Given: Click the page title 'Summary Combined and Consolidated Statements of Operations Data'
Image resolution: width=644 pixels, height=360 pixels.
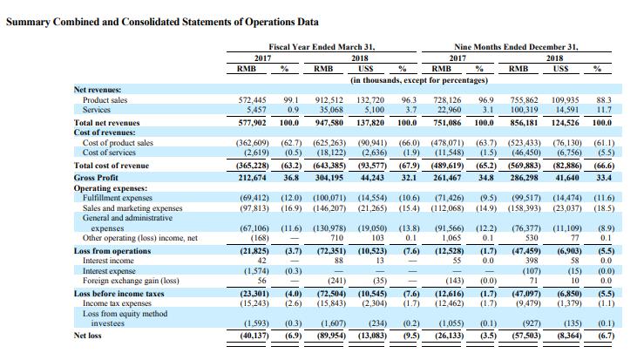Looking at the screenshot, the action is tap(162, 22).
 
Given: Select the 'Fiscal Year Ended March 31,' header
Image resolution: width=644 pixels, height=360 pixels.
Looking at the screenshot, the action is tap(322, 47).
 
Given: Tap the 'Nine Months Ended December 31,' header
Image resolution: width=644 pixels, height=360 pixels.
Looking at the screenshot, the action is tap(516, 47).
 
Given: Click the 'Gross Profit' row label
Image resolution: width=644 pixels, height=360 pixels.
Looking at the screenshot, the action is tap(96, 178).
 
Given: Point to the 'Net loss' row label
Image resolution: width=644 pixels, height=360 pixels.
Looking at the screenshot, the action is tap(87, 336).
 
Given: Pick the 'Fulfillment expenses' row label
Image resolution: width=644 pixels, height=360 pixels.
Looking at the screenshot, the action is tap(118, 198).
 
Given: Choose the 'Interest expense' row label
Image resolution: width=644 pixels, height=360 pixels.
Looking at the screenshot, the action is tap(109, 271).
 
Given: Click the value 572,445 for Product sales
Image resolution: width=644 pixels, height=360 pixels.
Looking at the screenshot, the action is tap(252, 100).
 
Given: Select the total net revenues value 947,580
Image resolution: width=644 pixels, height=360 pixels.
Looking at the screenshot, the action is tap(329, 122).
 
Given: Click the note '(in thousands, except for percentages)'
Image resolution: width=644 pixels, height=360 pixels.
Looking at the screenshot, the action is tap(419, 80).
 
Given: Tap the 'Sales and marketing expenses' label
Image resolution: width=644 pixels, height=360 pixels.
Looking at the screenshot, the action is tap(132, 208).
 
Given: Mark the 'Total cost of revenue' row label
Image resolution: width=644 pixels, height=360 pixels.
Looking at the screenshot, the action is tap(112, 166).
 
